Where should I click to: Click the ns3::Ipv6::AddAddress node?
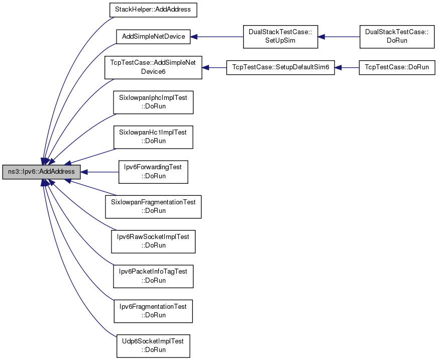pyautogui.click(x=41, y=172)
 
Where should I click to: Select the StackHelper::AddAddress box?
pyautogui.click(x=153, y=10)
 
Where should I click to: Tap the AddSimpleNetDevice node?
pyautogui.click(x=153, y=37)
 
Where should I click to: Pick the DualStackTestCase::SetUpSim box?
pyautogui.click(x=280, y=37)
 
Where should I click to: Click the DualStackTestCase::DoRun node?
pyautogui.click(x=397, y=37)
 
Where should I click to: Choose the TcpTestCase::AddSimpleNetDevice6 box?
pyautogui.click(x=153, y=67)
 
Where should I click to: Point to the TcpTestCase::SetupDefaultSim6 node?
pyautogui.click(x=280, y=67)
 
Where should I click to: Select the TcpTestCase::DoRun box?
pyautogui.click(x=397, y=67)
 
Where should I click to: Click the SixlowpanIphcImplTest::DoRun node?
pyautogui.click(x=153, y=102)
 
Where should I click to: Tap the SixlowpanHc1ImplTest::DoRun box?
pyautogui.click(x=153, y=137)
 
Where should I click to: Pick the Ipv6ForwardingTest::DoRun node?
pyautogui.click(x=153, y=172)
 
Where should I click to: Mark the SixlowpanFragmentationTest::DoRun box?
pyautogui.click(x=153, y=207)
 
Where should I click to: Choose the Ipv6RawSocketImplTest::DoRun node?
pyautogui.click(x=153, y=242)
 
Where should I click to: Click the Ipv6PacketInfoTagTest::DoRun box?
pyautogui.click(x=153, y=277)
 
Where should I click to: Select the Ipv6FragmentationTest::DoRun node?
pyautogui.click(x=153, y=311)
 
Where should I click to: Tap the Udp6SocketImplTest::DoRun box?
pyautogui.click(x=153, y=346)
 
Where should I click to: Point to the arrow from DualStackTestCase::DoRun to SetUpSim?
pyautogui.click(x=339, y=37)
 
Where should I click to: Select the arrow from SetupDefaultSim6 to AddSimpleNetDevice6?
pyautogui.click(x=214, y=68)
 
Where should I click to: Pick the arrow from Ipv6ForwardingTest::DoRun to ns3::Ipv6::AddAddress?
pyautogui.click(x=99, y=172)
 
